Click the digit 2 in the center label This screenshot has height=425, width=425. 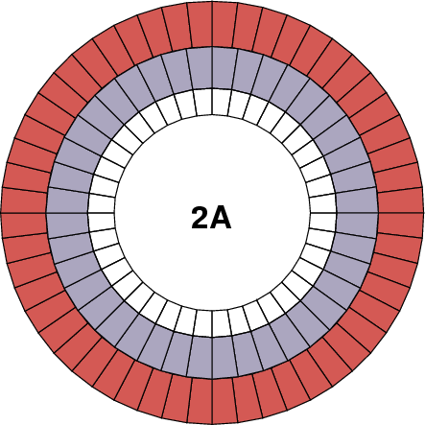201,218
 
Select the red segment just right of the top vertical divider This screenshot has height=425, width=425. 224,25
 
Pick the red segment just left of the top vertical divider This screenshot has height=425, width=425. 200,25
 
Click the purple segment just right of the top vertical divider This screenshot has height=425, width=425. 223,68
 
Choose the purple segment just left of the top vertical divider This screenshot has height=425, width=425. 201,68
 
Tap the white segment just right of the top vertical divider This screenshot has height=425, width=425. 221,102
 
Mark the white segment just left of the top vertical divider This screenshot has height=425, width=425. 203,102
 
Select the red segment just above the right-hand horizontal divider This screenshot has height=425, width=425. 400,200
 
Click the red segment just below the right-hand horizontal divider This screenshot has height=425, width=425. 400,224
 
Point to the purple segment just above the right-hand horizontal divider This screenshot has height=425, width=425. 357,201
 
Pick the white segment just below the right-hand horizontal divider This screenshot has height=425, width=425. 323,221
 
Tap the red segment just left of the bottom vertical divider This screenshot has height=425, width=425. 200,400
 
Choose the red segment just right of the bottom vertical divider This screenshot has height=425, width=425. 224,400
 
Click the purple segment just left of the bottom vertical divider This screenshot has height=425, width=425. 201,357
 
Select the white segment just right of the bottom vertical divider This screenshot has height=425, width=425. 221,323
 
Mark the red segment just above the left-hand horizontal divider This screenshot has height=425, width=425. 25,200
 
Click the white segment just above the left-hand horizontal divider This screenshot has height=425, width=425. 102,203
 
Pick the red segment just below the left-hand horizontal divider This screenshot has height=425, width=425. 25,224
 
